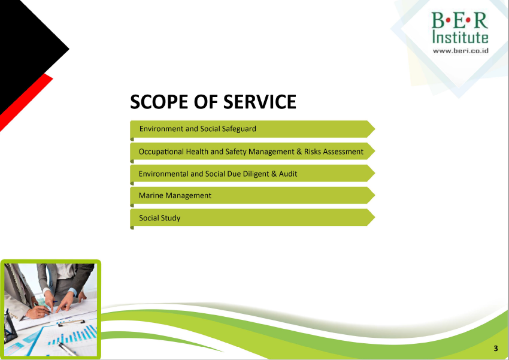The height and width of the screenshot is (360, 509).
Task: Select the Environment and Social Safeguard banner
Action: coord(253,129)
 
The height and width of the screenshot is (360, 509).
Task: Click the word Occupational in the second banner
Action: coord(161,152)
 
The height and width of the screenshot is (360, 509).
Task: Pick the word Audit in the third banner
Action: coord(288,174)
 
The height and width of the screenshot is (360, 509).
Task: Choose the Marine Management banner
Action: coord(253,195)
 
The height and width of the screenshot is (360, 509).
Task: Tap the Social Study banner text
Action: coord(160,218)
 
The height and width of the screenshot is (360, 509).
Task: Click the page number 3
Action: coord(496,348)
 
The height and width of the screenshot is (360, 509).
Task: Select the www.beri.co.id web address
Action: coord(460,51)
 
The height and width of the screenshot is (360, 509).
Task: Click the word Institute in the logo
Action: coord(460,37)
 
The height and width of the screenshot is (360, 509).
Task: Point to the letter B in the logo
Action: coord(438,20)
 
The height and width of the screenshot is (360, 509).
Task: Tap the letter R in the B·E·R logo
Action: coord(481,20)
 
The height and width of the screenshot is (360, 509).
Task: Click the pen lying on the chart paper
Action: coord(67,349)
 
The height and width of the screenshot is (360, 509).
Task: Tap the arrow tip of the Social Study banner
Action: coord(375,217)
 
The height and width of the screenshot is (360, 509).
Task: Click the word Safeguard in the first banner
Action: coord(239,129)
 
